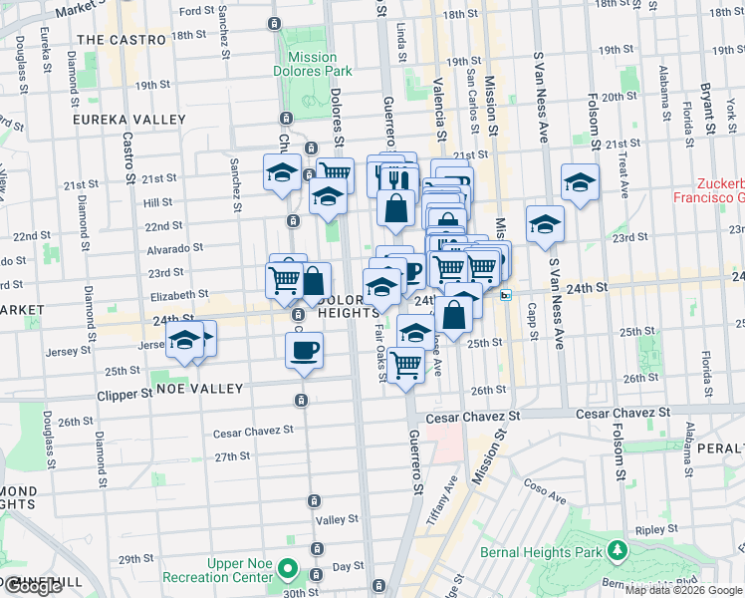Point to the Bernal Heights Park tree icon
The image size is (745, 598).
(x=618, y=551)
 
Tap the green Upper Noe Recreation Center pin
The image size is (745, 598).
(x=289, y=571)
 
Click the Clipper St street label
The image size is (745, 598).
(x=125, y=394)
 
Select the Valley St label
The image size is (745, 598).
(x=337, y=519)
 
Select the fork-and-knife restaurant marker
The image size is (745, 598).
(x=395, y=178)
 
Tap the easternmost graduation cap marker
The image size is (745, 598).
(x=580, y=182)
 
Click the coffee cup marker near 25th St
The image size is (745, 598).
(x=304, y=350)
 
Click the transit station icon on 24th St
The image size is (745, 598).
(x=506, y=295)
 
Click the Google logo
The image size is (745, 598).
(x=33, y=586)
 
